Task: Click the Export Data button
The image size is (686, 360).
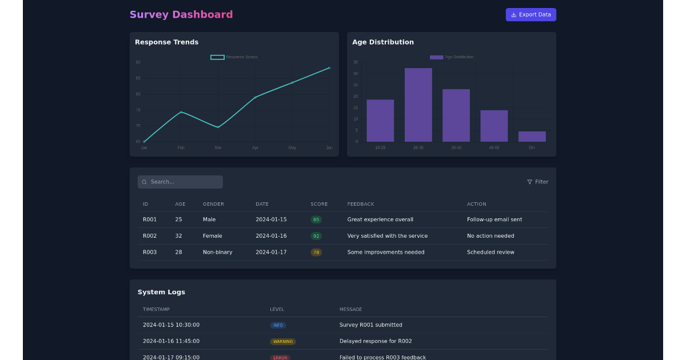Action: (531, 15)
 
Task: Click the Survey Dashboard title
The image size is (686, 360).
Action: (181, 15)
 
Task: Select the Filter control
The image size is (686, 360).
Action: (537, 182)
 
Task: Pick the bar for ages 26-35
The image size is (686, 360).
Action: (418, 105)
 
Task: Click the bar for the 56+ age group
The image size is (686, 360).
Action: (532, 137)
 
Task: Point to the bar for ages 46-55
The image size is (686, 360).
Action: (494, 126)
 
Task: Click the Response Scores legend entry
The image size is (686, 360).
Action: (234, 57)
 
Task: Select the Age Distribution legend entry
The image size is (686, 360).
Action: (452, 57)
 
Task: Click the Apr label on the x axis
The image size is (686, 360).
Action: (255, 147)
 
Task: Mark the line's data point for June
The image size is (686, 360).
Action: (329, 68)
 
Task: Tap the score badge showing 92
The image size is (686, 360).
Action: (316, 236)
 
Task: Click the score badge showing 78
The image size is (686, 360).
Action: (316, 252)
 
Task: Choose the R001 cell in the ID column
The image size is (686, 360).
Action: (150, 219)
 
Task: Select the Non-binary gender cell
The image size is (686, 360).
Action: (217, 252)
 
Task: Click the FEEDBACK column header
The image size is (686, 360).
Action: (361, 204)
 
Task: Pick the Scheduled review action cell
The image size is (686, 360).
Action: (490, 252)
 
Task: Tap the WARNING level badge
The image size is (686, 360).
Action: (283, 342)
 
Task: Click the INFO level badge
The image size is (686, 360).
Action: (278, 325)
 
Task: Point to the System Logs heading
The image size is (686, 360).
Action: (161, 292)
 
